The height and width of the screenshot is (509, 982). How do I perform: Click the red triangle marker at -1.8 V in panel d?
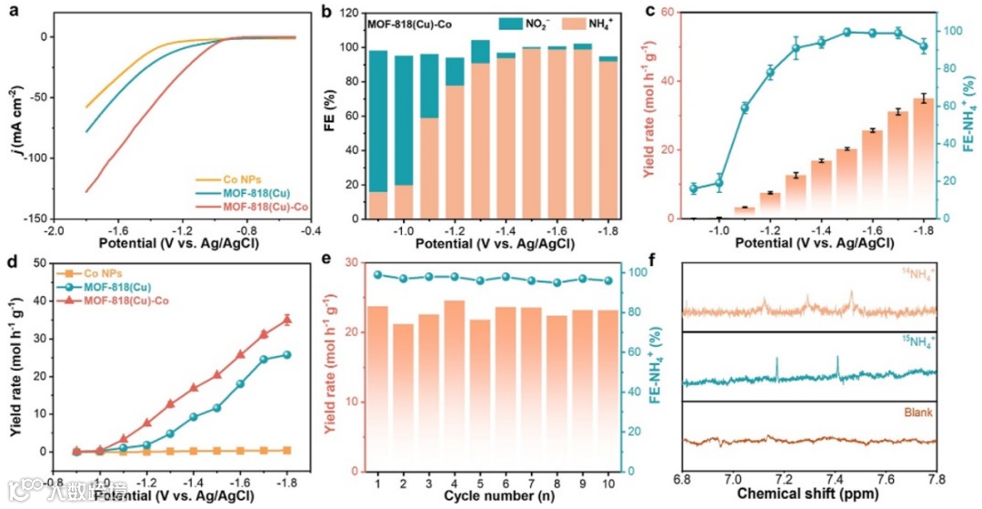point(287,320)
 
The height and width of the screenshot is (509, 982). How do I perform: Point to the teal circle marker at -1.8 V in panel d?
point(287,354)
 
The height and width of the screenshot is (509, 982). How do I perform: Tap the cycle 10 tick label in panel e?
point(608,480)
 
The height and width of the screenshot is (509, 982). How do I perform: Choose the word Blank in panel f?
point(919,412)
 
